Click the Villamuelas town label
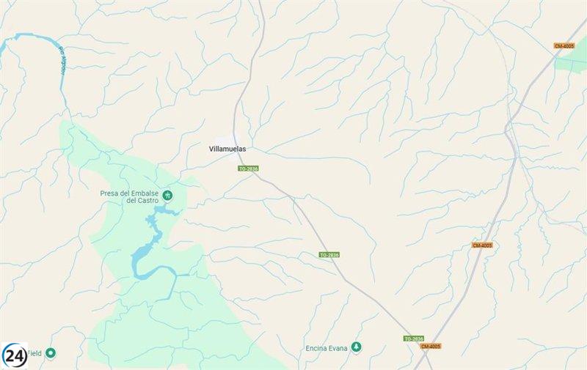click(x=227, y=149)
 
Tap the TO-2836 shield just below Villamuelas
click(x=248, y=169)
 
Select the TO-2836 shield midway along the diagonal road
click(x=329, y=255)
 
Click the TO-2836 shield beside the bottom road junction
click(x=413, y=338)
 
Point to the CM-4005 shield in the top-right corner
click(x=564, y=45)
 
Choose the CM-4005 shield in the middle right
click(x=482, y=245)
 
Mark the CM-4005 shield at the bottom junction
click(x=431, y=346)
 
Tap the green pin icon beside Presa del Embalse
click(x=168, y=195)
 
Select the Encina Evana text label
click(x=326, y=347)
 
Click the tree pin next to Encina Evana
click(x=356, y=347)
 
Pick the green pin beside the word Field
click(x=51, y=353)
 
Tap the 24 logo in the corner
click(x=14, y=355)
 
